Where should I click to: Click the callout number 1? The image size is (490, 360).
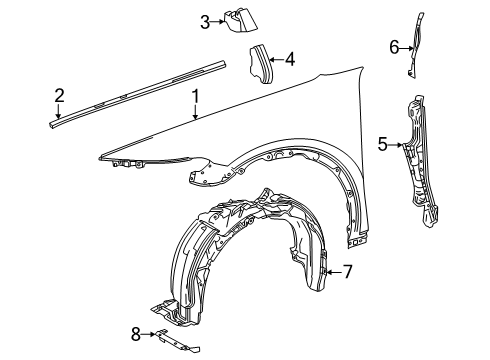197,98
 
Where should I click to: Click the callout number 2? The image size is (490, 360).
60,96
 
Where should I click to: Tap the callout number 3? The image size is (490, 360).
204,21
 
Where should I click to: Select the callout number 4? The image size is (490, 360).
289,59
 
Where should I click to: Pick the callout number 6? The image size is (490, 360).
393,46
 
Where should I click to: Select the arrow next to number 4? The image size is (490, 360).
277,59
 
